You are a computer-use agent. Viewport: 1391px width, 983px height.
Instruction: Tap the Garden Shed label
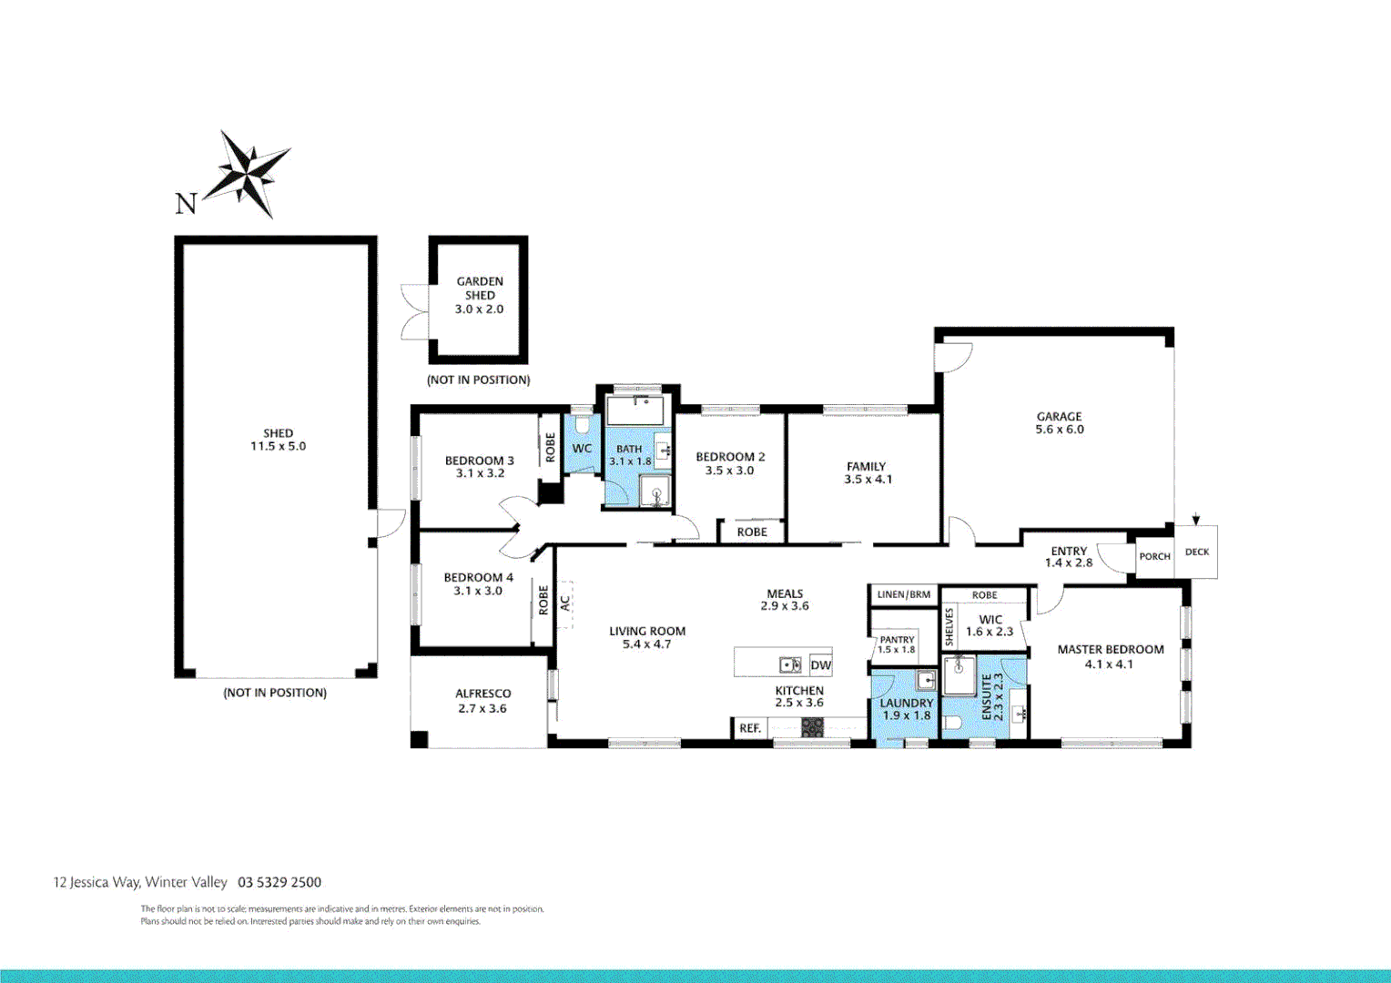pos(480,289)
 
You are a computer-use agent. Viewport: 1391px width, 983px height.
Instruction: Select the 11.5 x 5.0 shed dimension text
pos(278,447)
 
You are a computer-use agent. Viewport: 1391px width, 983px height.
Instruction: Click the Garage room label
pos(1059,417)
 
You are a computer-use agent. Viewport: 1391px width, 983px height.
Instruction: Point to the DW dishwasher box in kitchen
pos(820,665)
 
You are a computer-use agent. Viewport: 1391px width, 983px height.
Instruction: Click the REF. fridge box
pos(750,728)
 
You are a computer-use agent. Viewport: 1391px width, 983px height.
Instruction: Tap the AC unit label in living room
pos(564,603)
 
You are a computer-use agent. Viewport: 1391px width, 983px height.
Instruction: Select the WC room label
pos(582,449)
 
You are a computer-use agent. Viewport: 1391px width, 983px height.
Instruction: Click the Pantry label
pos(897,640)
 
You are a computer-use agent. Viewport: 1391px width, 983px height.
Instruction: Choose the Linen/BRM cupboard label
pos(903,595)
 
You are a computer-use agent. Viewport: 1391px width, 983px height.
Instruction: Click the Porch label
pos(1154,557)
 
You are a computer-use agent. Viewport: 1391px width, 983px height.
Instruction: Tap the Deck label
pos(1196,552)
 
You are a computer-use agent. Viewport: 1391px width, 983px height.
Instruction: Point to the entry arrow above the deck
pos(1195,520)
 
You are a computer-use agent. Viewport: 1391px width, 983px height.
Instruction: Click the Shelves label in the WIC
pos(949,628)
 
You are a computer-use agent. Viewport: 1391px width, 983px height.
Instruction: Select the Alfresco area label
pos(482,694)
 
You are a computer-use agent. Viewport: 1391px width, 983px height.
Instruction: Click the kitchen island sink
pos(790,665)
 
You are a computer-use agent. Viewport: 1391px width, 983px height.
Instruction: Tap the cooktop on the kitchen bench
pos(811,727)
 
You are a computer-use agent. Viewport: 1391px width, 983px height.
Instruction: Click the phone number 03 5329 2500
pos(279,882)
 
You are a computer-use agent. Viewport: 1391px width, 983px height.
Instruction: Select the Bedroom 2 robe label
pos(752,532)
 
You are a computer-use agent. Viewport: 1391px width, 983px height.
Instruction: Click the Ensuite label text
pos(986,697)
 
